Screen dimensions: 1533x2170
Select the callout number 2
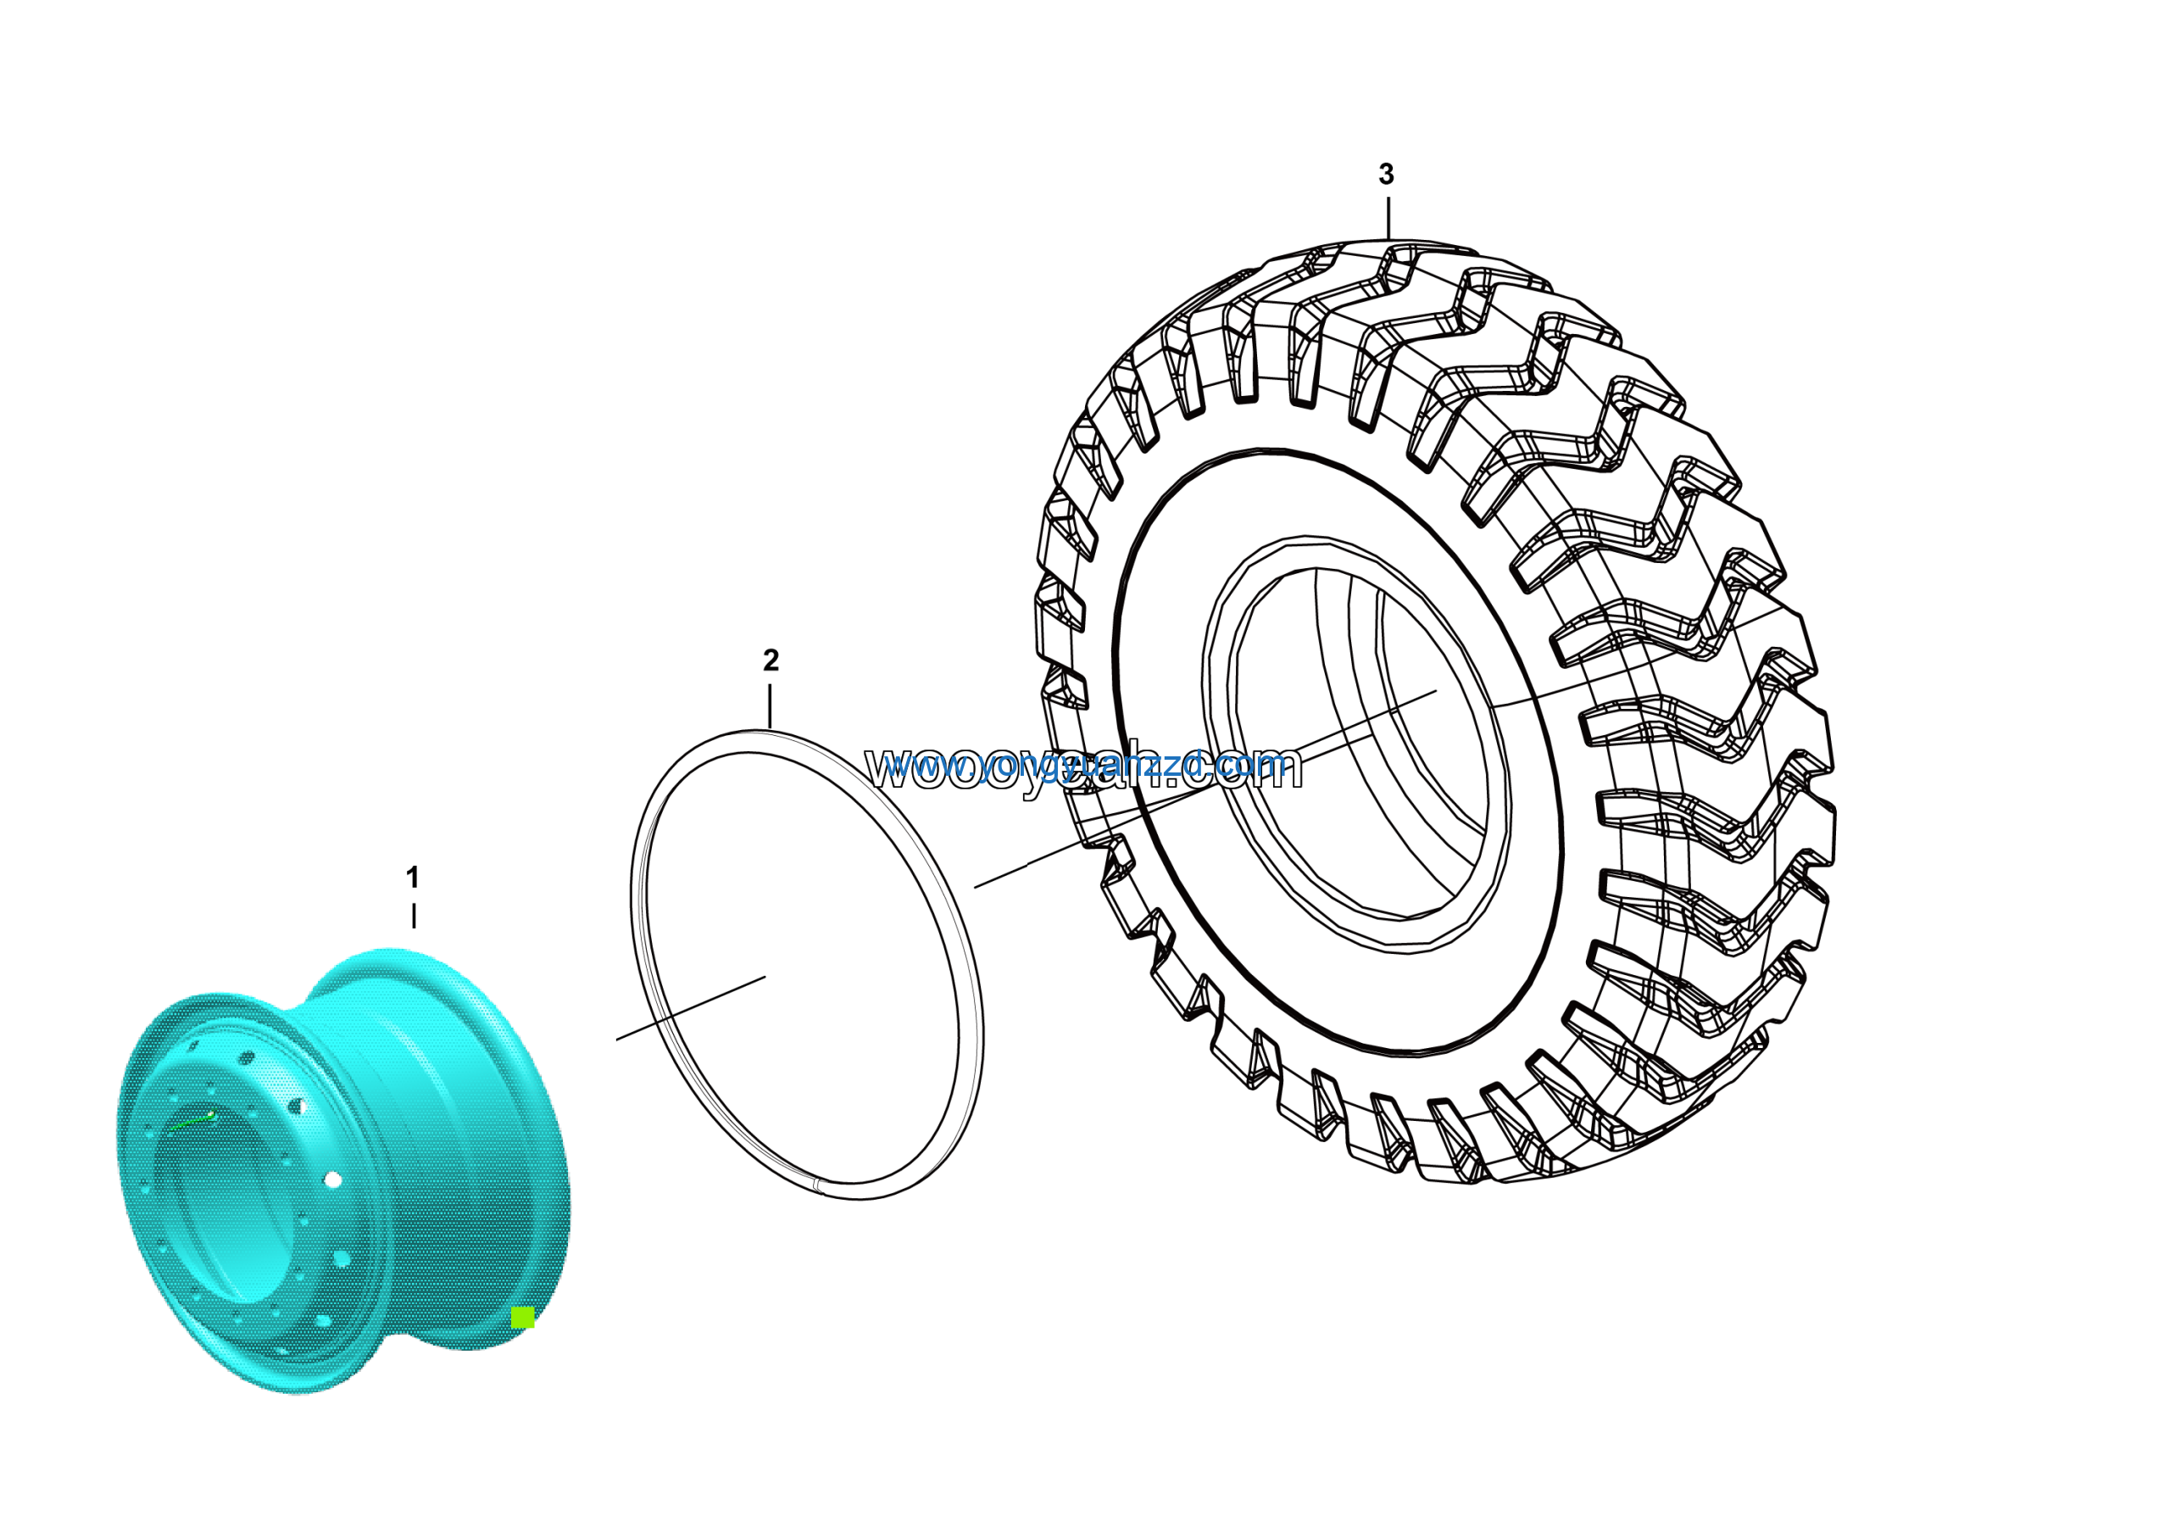click(771, 660)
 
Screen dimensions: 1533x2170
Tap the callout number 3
click(1386, 174)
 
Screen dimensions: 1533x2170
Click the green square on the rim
click(521, 1318)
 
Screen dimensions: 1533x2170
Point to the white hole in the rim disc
click(332, 1179)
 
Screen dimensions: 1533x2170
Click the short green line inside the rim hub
click(192, 1121)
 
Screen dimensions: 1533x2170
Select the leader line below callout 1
click(413, 915)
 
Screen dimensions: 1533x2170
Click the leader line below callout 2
click(771, 705)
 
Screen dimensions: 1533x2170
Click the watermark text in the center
click(1084, 767)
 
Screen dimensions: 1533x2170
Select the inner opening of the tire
click(1361, 747)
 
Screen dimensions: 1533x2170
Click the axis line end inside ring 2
click(764, 978)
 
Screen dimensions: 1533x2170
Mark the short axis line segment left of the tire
click(1000, 876)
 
